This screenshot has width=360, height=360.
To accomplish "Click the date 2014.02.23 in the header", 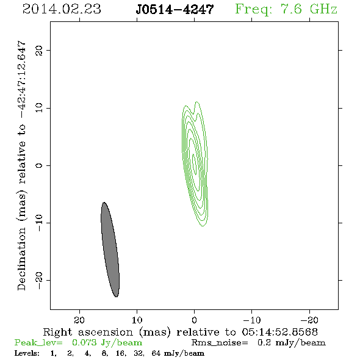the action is (62, 9).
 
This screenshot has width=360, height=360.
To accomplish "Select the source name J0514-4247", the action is (175, 10).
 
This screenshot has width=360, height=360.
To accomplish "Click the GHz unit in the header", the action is (323, 9).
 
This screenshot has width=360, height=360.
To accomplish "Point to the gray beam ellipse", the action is (110, 250).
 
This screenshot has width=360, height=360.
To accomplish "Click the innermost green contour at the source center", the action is (195, 164).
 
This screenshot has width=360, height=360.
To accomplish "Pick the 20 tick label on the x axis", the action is (79, 320).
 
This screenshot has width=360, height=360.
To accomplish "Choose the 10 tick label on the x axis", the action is (137, 320).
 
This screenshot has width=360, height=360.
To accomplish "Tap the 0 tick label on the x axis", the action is (194, 320).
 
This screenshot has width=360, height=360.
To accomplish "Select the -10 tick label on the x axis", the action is (252, 320).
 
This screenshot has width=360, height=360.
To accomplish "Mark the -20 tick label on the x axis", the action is (309, 320).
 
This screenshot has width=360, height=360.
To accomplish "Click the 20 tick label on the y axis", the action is (39, 50).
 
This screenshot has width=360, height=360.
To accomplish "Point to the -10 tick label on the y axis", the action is (39, 223).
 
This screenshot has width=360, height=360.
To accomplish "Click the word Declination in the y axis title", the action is (21, 259).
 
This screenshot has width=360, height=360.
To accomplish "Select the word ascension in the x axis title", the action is (106, 332).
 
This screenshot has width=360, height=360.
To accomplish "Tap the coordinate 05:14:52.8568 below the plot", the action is (280, 332).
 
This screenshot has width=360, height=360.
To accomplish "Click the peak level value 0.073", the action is (84, 342).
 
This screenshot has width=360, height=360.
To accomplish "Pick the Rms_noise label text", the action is (220, 343).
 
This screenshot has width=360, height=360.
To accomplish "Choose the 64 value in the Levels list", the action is (156, 353).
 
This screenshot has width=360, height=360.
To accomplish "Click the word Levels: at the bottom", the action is (27, 353).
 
